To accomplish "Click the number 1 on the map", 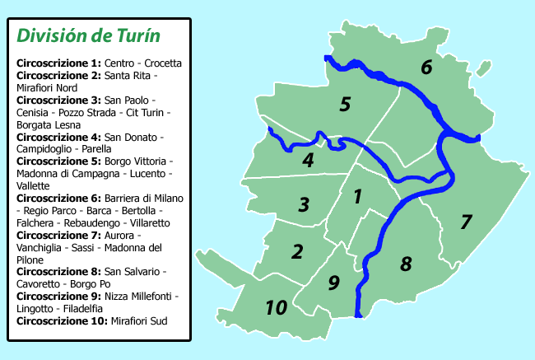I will [357, 197].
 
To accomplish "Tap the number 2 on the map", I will [298, 251].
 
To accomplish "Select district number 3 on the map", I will [304, 203].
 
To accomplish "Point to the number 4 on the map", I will [308, 161].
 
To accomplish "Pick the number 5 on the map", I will [345, 105].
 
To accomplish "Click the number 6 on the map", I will [426, 68].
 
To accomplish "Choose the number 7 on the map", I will [466, 222].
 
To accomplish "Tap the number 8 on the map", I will [406, 264].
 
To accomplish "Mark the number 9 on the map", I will [333, 283].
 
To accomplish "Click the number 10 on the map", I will [277, 308].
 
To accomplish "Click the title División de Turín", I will [88, 36].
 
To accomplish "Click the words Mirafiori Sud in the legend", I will [138, 320].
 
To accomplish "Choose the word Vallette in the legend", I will [34, 186].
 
